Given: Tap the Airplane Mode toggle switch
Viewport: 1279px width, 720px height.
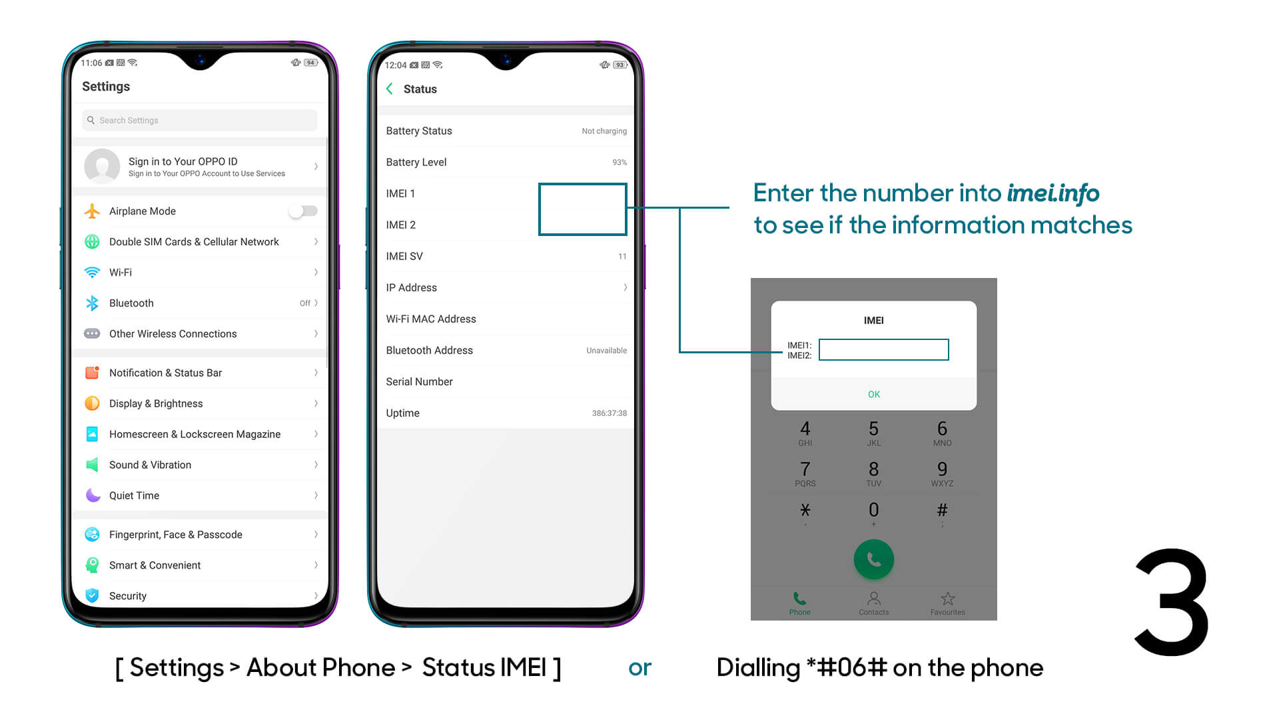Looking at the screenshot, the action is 303,211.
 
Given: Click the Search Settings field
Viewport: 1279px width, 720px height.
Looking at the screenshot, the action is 200,121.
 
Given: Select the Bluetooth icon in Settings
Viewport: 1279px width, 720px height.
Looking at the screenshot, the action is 92,303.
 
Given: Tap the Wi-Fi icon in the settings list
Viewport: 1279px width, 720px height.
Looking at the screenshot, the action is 92,273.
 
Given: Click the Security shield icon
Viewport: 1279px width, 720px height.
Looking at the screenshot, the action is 92,595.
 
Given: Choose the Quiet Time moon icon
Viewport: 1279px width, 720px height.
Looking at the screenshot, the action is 93,495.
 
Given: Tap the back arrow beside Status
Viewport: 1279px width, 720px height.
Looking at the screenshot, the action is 390,89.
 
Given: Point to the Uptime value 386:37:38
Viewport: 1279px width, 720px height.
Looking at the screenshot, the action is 609,413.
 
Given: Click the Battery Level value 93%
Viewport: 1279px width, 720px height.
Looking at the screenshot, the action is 620,163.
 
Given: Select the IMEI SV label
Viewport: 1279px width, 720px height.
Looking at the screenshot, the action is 404,257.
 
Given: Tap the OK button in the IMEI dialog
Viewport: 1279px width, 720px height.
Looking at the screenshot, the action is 874,395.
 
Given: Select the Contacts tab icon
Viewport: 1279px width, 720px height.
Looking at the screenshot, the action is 874,598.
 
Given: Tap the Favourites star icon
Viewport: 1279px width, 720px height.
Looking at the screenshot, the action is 948,598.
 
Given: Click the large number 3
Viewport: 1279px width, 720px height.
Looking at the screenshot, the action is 1172,602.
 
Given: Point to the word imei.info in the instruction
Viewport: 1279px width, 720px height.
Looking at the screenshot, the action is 1053,193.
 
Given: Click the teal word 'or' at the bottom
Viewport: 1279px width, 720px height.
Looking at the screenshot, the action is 639,668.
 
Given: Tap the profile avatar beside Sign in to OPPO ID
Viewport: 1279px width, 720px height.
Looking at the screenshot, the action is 102,167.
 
